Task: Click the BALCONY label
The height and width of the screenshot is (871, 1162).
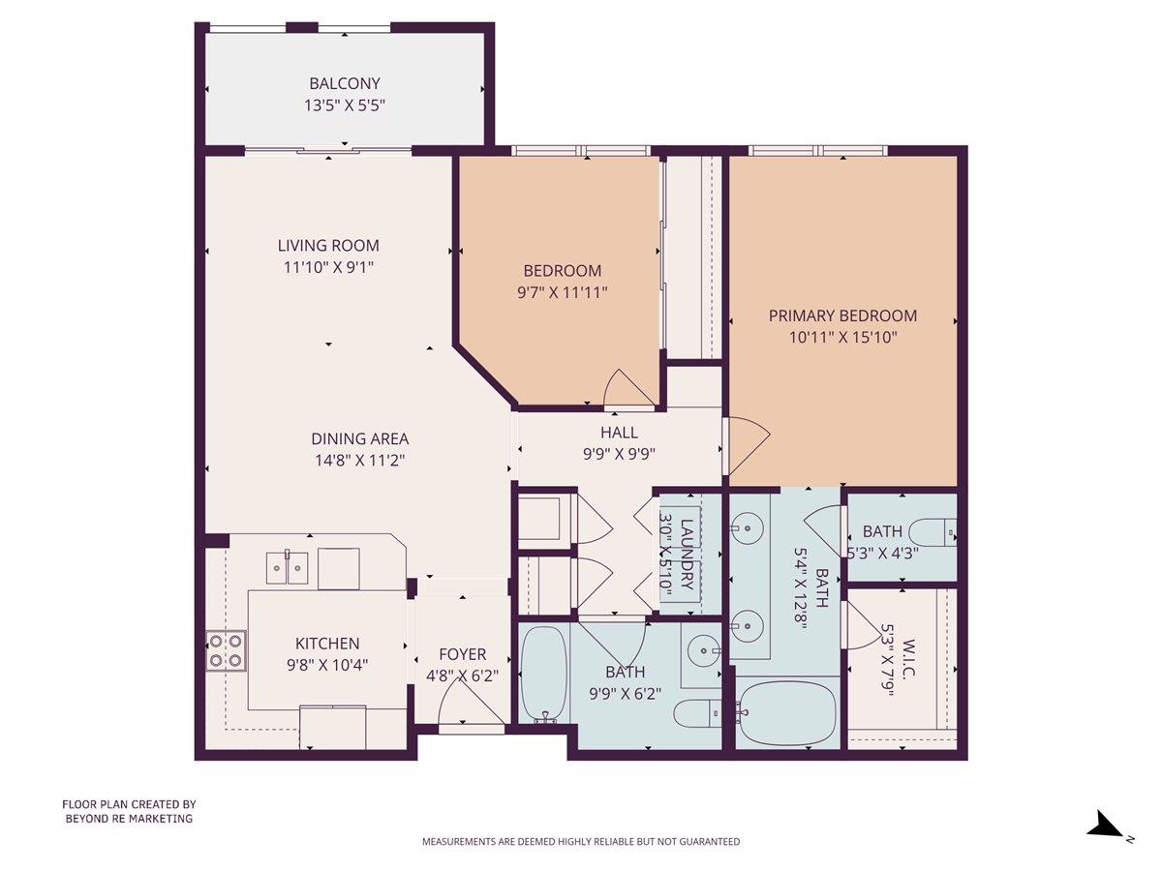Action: coord(345,83)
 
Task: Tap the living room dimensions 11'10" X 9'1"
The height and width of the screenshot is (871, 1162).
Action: coord(328,267)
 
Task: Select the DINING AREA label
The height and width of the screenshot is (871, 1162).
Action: coord(359,438)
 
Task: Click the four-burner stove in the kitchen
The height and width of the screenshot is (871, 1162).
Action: coord(227,650)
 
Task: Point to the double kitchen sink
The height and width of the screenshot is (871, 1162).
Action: coord(288,567)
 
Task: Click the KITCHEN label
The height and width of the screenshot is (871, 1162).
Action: coord(327,644)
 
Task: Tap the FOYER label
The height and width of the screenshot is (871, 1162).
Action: coord(462,655)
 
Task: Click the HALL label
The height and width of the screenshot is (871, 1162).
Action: coord(619,433)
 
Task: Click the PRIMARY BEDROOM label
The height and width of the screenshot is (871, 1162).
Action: coord(842,315)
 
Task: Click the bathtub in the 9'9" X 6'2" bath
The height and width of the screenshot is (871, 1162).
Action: coord(544,675)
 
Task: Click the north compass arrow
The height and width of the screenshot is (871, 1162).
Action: coord(1105,826)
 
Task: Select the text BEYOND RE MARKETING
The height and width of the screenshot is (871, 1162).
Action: coord(129,819)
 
